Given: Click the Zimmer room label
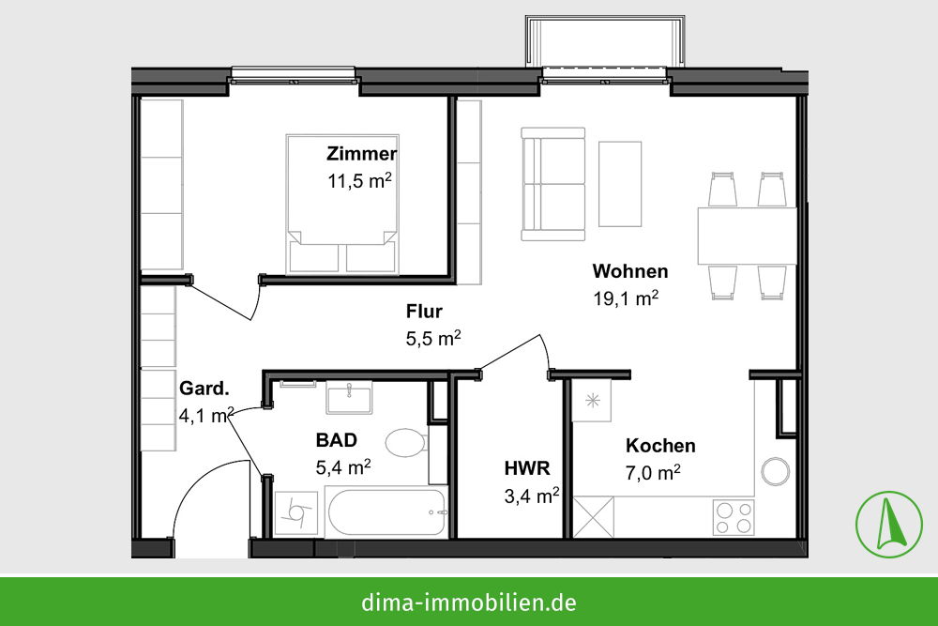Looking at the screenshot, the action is (x=361, y=154).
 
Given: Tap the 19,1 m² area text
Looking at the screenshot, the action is (x=626, y=298).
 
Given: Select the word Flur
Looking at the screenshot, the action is (x=424, y=312).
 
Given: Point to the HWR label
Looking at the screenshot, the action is (x=527, y=468).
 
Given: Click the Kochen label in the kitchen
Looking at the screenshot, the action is (x=660, y=446).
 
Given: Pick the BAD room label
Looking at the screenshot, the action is (x=336, y=440).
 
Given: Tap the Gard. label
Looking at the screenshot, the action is (x=204, y=389).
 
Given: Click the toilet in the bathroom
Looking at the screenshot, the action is (x=406, y=443).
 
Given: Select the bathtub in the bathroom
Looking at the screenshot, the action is (x=386, y=512).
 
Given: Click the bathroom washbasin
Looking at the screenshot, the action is (x=349, y=397).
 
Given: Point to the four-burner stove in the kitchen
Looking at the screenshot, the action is (x=734, y=518).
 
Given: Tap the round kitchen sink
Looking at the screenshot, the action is (x=776, y=471).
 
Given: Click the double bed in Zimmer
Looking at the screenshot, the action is (x=342, y=205).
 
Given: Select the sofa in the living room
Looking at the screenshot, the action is (x=552, y=184).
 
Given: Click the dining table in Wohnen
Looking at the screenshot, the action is (x=748, y=236).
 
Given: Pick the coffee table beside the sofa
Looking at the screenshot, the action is (x=620, y=184).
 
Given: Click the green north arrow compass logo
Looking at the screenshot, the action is (x=889, y=525).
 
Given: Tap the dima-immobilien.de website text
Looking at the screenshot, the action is (x=469, y=602).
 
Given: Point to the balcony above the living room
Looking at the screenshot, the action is (x=605, y=41).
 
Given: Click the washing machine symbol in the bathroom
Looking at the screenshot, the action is (x=296, y=512).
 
